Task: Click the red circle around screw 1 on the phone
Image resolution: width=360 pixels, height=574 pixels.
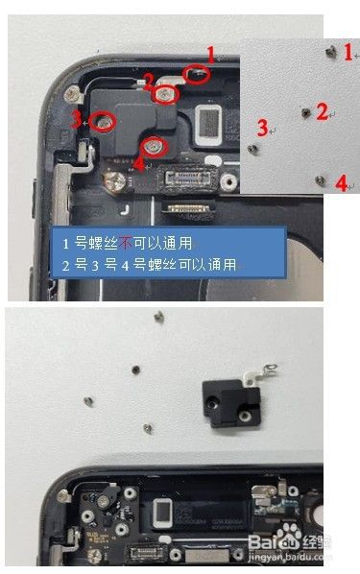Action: (x=196, y=73)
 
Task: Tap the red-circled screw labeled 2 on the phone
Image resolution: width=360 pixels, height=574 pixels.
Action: (x=166, y=93)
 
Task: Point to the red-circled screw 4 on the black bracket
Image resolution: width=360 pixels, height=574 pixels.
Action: (x=154, y=146)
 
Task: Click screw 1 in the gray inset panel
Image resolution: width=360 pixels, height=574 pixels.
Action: (x=331, y=48)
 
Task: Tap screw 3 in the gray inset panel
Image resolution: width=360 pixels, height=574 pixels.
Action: (x=252, y=149)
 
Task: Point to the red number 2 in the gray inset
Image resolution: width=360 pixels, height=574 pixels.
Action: (x=322, y=110)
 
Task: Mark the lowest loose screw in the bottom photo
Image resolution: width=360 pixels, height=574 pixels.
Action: (x=147, y=428)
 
